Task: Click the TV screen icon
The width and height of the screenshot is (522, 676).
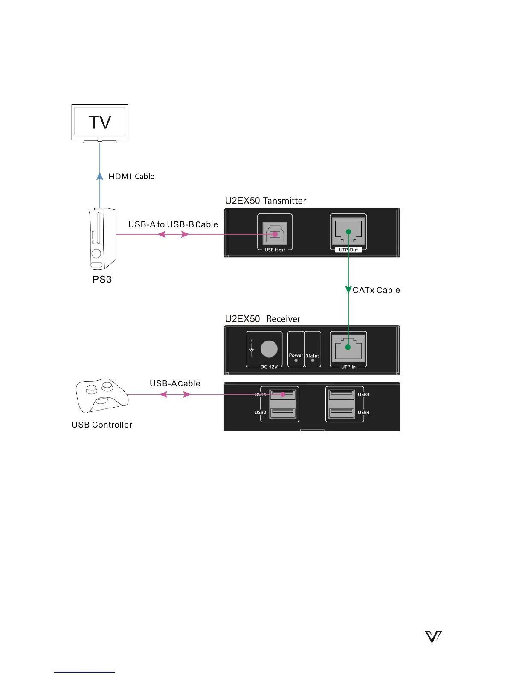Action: click(x=100, y=122)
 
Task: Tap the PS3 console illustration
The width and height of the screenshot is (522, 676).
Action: click(x=102, y=239)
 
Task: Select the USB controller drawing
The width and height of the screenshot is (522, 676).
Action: click(x=101, y=395)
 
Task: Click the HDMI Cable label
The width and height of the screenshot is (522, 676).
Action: click(x=131, y=176)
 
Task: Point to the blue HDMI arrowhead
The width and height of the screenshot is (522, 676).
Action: click(x=100, y=176)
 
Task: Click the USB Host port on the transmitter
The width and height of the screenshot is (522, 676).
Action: click(x=275, y=234)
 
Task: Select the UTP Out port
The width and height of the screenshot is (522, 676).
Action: click(x=348, y=232)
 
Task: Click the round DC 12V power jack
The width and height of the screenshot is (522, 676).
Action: click(x=269, y=349)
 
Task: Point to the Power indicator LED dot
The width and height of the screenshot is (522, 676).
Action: click(x=296, y=361)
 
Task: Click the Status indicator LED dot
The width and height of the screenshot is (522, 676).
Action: click(x=313, y=361)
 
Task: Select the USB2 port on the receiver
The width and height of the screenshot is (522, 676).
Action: click(x=283, y=412)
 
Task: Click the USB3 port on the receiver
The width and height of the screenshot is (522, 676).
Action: click(x=342, y=394)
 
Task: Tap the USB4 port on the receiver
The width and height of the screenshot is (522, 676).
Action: click(x=342, y=413)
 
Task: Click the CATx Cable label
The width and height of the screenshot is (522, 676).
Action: click(x=376, y=290)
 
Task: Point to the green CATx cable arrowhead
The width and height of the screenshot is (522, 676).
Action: click(x=348, y=290)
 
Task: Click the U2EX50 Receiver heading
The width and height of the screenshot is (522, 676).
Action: click(x=263, y=319)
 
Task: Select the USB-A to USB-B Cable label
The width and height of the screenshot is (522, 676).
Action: click(x=173, y=224)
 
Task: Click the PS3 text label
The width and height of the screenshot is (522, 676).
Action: click(x=102, y=280)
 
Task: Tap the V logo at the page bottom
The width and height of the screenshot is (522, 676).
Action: click(x=433, y=637)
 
